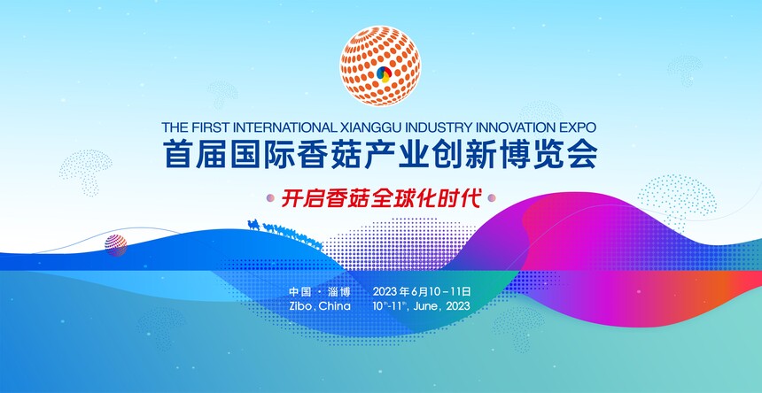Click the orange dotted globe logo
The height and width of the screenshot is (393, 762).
coord(380,65)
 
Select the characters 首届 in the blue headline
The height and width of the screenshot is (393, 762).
coord(189,155)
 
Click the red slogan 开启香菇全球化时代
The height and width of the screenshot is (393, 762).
coord(381,198)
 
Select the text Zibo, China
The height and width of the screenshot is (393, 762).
coord(320,306)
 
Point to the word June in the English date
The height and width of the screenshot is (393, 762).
coord(430,306)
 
